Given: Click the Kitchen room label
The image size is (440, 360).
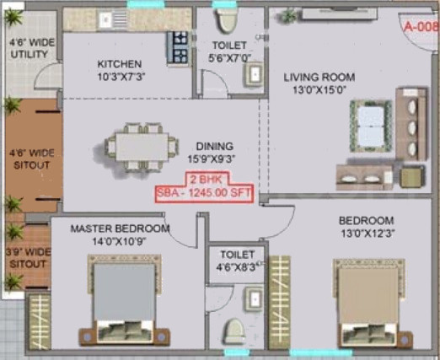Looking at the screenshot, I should (x=119, y=64).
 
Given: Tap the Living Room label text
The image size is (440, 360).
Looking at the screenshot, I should (x=320, y=76).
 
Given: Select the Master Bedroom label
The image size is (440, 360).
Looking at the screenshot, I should (x=120, y=228).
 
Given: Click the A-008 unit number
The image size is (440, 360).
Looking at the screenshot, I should (x=419, y=27).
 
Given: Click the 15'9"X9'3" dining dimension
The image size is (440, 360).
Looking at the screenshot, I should (x=207, y=157).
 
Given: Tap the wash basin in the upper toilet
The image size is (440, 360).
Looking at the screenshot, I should (x=253, y=74).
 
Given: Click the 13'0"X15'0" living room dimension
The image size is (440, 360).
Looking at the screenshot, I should (x=319, y=89).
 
